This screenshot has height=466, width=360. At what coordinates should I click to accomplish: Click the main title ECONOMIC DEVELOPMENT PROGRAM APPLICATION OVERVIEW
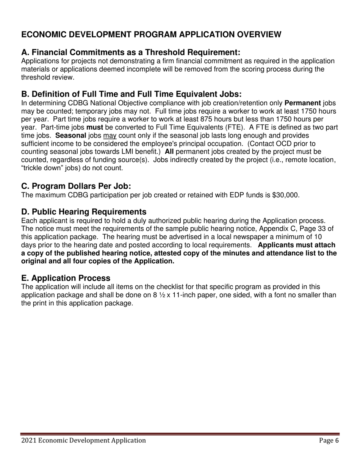point(151,34)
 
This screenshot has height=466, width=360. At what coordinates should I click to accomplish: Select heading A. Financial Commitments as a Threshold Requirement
point(131,52)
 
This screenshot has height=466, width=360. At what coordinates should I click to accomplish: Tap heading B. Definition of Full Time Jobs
point(131,94)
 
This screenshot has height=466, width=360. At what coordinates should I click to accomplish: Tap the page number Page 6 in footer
point(329,440)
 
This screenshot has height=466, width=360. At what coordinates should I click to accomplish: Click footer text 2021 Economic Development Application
point(83,440)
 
